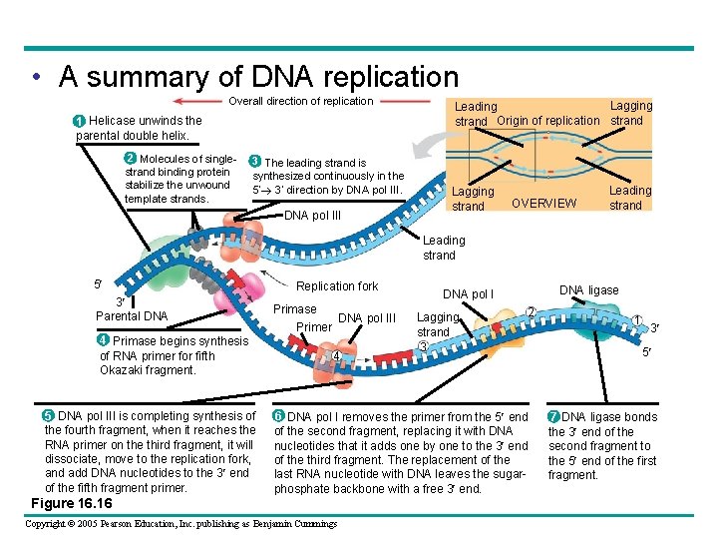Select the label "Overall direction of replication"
click(x=301, y=101)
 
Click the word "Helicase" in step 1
click(x=112, y=121)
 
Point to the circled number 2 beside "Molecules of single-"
click(x=130, y=159)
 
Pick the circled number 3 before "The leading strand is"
click(x=255, y=162)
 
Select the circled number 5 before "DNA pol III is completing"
click(x=49, y=416)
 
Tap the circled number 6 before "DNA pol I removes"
click(x=278, y=416)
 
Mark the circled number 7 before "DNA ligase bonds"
click(x=553, y=416)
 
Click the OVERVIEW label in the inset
click(x=543, y=204)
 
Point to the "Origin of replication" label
click(x=548, y=121)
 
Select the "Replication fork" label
click(x=339, y=286)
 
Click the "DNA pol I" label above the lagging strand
click(x=468, y=294)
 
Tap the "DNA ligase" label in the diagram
click(x=588, y=290)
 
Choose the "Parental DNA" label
click(x=132, y=316)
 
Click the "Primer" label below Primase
click(x=314, y=327)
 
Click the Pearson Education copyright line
click(x=181, y=524)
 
